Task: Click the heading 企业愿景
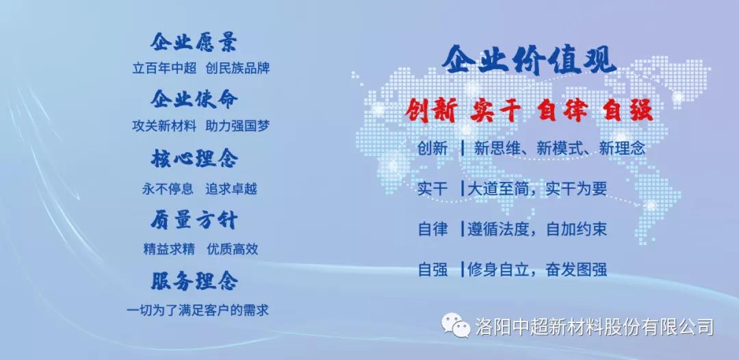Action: [194, 42]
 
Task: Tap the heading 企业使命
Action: [194, 99]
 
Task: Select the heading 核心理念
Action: [194, 158]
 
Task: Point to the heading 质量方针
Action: [194, 220]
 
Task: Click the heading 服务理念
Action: [194, 281]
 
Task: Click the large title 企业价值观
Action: [529, 60]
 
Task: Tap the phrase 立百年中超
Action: [164, 68]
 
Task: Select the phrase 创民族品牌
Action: [237, 68]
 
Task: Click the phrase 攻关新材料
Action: [164, 126]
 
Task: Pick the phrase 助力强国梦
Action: [237, 126]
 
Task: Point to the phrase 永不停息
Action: [168, 189]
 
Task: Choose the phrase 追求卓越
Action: [231, 189]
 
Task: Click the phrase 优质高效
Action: [233, 249]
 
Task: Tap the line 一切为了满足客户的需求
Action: [198, 310]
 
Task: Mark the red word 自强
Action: [628, 112]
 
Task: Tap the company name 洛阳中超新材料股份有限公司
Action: [595, 326]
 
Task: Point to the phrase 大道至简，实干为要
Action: [537, 189]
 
